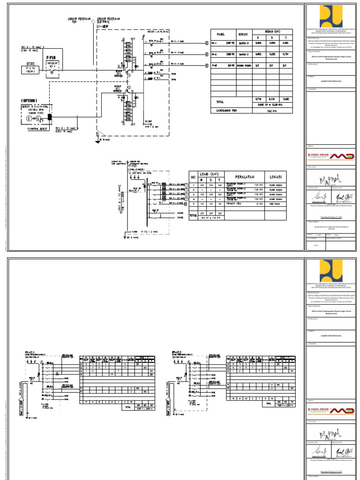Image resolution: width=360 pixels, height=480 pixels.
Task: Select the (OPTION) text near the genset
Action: [29, 100]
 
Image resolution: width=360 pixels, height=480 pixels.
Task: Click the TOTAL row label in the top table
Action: [220, 101]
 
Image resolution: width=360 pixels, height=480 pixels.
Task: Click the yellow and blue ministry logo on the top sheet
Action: [331, 17]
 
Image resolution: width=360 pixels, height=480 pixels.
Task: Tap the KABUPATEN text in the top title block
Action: [331, 80]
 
